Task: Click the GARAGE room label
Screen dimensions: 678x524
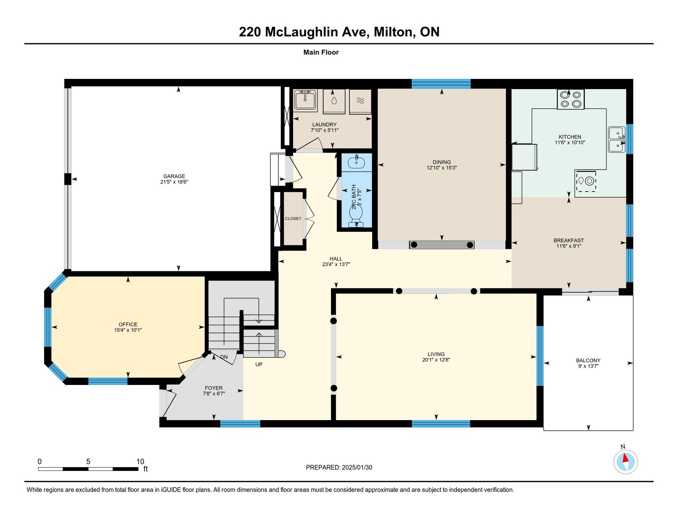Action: [x=174, y=176]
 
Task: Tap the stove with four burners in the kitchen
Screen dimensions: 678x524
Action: [x=571, y=99]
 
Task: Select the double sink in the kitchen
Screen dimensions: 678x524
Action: [x=617, y=139]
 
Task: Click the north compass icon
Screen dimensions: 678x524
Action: [x=625, y=462]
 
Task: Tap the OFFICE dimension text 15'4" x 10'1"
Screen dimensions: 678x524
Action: [x=128, y=330]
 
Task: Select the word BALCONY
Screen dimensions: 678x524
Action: [x=588, y=360]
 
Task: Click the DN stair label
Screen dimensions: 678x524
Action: [x=224, y=357]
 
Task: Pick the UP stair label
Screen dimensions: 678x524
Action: [x=259, y=364]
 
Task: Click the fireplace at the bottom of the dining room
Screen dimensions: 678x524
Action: [x=442, y=245]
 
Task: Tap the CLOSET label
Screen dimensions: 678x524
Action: [x=293, y=218]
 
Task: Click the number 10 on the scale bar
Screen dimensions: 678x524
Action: [x=140, y=462]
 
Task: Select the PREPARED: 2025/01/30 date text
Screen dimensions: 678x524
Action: [x=339, y=467]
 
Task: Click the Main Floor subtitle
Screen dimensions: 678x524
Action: [x=321, y=52]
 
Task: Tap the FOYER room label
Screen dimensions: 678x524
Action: [x=214, y=388]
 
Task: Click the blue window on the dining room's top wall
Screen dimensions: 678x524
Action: [x=441, y=84]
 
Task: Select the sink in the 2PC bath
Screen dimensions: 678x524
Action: [x=356, y=162]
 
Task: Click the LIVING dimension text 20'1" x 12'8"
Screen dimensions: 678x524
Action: [x=436, y=360]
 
